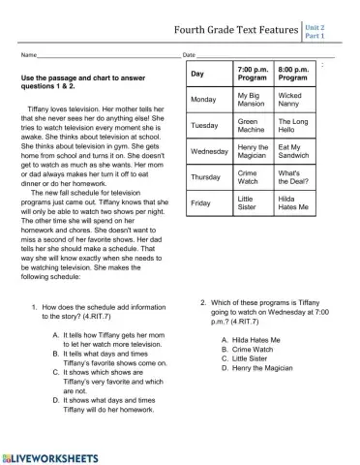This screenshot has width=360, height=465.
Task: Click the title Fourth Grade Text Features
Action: click(x=234, y=30)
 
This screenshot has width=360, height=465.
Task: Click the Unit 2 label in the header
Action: click(x=315, y=28)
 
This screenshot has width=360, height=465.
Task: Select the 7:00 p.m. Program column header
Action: click(x=253, y=75)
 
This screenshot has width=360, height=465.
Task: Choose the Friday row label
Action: click(x=201, y=203)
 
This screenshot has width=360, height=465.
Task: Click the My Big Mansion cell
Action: click(x=253, y=101)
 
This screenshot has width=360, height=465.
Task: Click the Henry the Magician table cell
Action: click(x=253, y=152)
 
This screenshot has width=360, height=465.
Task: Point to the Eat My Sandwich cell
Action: click(x=294, y=152)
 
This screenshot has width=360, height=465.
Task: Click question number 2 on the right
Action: click(x=203, y=302)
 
